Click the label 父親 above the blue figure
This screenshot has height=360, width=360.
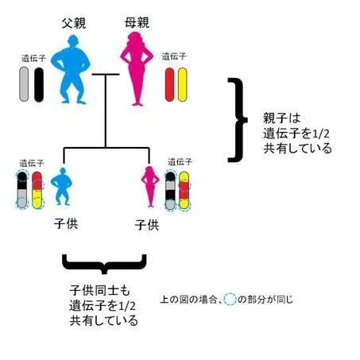pos(74,23)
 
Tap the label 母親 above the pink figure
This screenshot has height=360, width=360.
pos(137,23)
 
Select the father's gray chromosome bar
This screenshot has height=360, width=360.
pos(24,84)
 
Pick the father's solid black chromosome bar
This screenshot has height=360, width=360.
pos(39,85)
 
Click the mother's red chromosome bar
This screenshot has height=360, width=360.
pos(169,85)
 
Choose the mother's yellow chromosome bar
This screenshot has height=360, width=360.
pos(183,85)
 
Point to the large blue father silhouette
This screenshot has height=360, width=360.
pos(71,69)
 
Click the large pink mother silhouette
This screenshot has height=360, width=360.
pos(137,69)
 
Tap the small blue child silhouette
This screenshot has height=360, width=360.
pos(62,187)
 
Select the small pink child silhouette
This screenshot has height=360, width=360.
pos(150,187)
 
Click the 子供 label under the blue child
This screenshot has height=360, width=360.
pos(66,224)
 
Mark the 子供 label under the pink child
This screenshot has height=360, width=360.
pos(147,225)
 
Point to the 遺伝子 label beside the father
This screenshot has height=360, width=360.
pos(33,58)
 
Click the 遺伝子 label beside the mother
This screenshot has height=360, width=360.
pos(174,56)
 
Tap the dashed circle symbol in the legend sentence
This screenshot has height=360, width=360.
pos(230,300)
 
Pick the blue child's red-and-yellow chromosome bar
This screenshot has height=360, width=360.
pos(37,190)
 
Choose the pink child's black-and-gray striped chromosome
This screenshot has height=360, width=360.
pos(170,191)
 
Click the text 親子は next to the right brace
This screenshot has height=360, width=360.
pos(282,118)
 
